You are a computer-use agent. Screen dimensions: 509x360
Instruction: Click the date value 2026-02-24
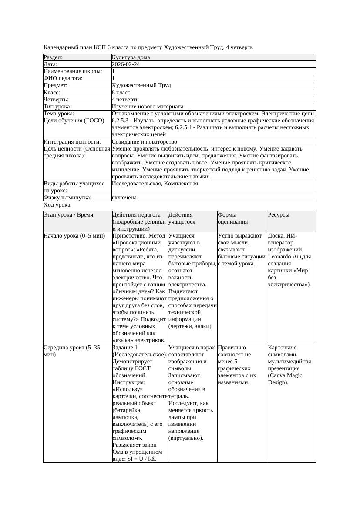(126, 64)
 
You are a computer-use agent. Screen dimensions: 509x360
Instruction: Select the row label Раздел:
(53, 57)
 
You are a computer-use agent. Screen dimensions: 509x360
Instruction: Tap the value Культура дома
(131, 57)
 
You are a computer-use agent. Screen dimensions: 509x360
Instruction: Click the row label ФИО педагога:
(63, 78)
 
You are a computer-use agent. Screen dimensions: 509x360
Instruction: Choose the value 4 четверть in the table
(125, 100)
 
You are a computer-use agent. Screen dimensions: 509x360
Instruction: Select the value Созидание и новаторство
(144, 142)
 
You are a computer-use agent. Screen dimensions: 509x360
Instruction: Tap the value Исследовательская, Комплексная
(155, 184)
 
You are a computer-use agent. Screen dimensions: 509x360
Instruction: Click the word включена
(124, 198)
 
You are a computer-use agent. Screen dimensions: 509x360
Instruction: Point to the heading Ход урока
(57, 205)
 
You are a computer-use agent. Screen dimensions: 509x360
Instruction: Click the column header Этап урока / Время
(71, 215)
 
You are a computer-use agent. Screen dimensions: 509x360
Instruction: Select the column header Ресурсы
(279, 215)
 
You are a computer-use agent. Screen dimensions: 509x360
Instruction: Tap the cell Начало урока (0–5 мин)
(74, 236)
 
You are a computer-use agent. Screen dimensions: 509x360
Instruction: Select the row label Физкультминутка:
(67, 198)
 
